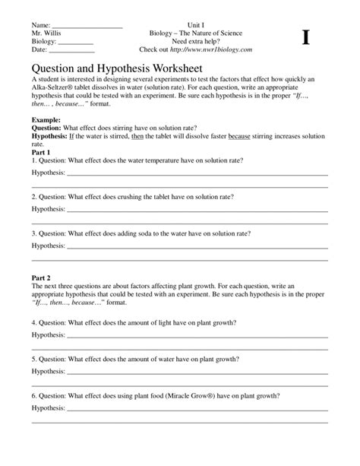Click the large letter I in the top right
click(x=306, y=38)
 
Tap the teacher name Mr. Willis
click(x=47, y=34)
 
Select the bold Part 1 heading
click(x=43, y=152)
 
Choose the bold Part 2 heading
click(x=43, y=277)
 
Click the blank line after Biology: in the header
click(x=77, y=43)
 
